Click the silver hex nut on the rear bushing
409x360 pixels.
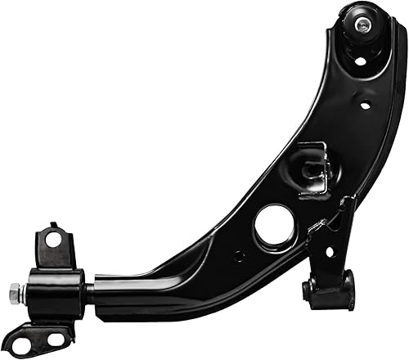[x=15, y=290]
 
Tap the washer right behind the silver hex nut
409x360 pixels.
[x=24, y=290]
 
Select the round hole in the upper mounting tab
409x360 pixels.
[x=55, y=240]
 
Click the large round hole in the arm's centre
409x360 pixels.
[x=273, y=225]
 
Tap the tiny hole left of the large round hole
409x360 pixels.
[x=239, y=255]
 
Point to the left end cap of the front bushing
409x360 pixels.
[x=309, y=290]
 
